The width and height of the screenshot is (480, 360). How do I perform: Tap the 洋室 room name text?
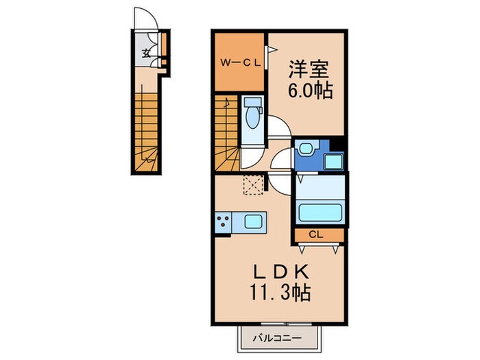pos(309,69)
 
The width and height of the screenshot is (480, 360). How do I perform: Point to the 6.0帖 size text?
pos(310,91)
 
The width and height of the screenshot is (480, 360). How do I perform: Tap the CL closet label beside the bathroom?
pos(315,235)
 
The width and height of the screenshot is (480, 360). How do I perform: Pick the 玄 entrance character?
pos(147,53)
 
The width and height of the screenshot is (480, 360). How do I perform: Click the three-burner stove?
pos(224,222)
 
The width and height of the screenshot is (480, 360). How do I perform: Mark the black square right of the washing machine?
pos(337,145)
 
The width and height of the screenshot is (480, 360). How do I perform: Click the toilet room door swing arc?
pos(278,128)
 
